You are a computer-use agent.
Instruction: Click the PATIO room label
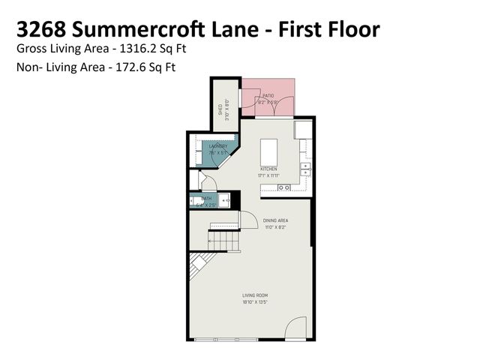click(268, 96)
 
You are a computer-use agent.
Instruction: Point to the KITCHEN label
click(268, 169)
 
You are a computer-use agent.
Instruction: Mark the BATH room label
click(206, 199)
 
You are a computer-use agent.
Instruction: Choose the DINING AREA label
click(276, 220)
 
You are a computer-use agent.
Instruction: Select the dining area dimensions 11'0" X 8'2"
click(276, 226)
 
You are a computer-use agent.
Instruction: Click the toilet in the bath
click(196, 200)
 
